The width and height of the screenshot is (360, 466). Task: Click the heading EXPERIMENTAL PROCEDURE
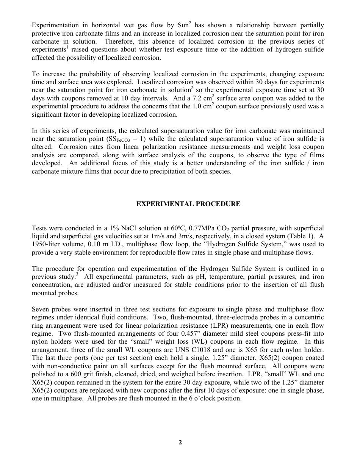click(x=188, y=204)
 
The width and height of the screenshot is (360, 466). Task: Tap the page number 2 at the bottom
click(x=180, y=442)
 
